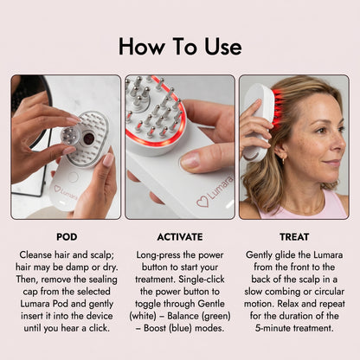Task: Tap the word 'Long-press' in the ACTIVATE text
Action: coord(153,256)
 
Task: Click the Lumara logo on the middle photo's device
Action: coord(210,201)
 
